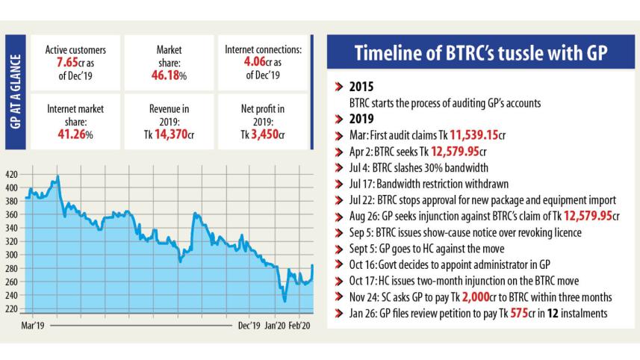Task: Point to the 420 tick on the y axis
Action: coord(12,174)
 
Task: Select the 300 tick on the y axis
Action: coord(12,255)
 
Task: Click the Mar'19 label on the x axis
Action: coord(34,326)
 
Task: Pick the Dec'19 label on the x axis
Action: coord(249,326)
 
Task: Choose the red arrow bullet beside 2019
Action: coord(340,117)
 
